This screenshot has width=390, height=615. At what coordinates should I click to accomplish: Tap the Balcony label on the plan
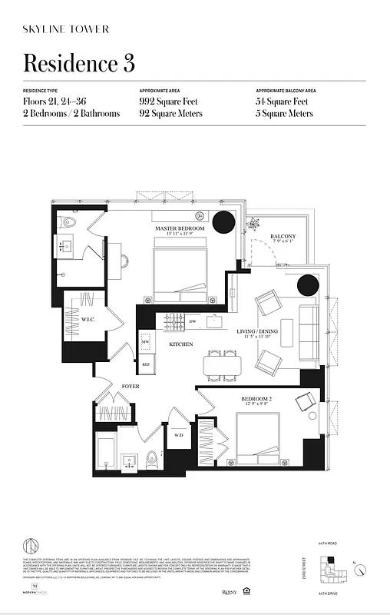pyautogui.click(x=283, y=237)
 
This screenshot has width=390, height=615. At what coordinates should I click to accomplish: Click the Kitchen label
pyautogui.click(x=181, y=344)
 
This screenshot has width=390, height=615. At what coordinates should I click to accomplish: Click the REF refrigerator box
pyautogui.click(x=146, y=364)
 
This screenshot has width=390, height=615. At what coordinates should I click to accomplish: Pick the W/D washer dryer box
pyautogui.click(x=179, y=435)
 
